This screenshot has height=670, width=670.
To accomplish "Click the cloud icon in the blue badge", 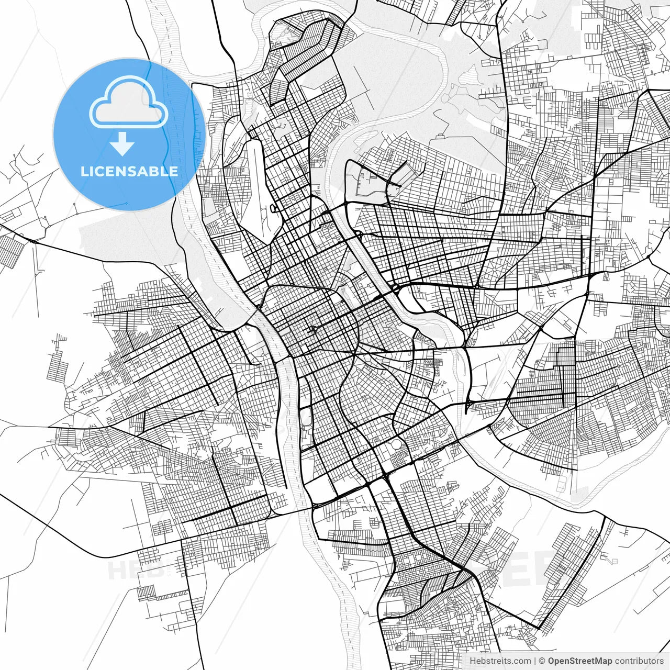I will point(129,103).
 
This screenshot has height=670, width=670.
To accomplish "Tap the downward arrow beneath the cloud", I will point(122,144).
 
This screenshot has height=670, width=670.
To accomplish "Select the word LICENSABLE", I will point(129,171).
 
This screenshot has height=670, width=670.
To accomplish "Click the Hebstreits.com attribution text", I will point(500,661).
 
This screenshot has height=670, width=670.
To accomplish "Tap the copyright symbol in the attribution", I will point(542,661).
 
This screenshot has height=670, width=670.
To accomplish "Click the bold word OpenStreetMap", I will point(580,661).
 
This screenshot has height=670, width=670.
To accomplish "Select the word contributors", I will point(639,661).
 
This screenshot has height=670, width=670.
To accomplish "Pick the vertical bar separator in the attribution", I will point(534,661).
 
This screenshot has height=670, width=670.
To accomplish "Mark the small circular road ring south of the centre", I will point(396,444).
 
